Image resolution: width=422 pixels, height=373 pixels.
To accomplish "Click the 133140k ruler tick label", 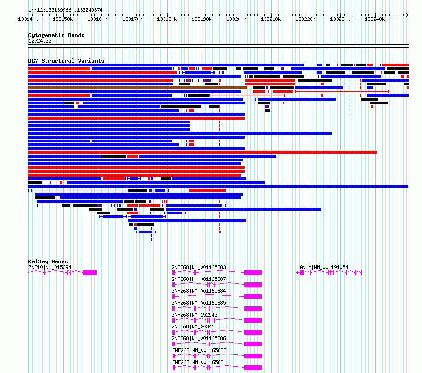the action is [28, 19].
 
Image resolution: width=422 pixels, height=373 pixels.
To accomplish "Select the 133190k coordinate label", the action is [202, 19].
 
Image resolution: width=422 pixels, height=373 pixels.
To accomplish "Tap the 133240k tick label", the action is [375, 19].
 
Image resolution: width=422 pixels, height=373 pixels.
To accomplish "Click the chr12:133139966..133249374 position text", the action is [65, 10].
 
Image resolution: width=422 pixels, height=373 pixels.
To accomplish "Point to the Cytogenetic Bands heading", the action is [56, 35].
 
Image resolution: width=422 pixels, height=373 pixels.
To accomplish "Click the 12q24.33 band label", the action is [40, 41].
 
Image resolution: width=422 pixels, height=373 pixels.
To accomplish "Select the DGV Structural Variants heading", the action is [66, 61].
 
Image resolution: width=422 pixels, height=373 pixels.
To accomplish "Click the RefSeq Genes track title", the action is [48, 261].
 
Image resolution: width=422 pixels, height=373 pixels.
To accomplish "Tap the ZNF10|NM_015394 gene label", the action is [50, 267].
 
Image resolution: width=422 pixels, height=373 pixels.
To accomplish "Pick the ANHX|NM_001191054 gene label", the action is [324, 267].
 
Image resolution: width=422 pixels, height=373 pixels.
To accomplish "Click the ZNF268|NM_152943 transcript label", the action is [194, 315].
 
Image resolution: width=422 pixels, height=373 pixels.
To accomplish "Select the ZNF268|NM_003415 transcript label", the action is [194, 326].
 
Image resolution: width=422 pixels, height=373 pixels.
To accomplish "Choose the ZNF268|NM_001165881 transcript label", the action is [199, 362].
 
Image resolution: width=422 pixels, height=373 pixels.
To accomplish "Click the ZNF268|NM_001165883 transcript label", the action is [199, 267].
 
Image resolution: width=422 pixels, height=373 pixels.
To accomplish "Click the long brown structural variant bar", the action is [138, 88].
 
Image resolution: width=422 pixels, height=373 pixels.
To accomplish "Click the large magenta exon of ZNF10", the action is [90, 273].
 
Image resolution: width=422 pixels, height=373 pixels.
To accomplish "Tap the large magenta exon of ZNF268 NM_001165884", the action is [253, 297].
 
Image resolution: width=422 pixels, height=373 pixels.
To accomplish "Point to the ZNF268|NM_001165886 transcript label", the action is [199, 338].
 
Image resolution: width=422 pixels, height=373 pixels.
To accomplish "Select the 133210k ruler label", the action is [271, 19].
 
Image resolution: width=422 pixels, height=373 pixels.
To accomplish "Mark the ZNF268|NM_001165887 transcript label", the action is [199, 279].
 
